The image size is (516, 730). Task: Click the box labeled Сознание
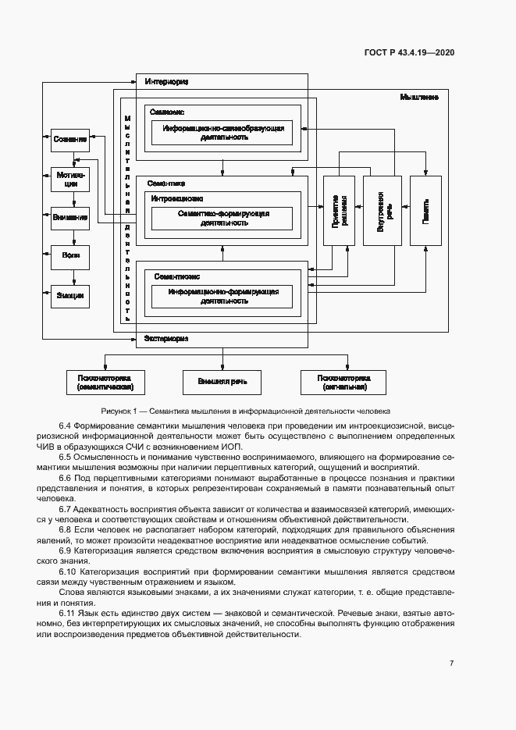click(70, 140)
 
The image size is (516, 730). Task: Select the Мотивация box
click(70, 180)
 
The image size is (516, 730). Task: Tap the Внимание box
click(70, 218)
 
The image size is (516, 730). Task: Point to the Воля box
click(70, 256)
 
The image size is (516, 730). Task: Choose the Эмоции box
click(70, 296)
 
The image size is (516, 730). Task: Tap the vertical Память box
click(426, 212)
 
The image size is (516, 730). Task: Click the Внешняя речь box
click(222, 382)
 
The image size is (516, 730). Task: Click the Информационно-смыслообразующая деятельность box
click(222, 132)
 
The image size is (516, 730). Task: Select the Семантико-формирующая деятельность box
click(222, 218)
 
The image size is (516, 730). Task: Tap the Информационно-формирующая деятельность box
click(222, 296)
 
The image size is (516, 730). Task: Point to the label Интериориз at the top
click(166, 81)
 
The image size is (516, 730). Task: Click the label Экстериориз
click(166, 338)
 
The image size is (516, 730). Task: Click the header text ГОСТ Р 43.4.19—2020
click(409, 53)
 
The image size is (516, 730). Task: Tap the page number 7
click(451, 663)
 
